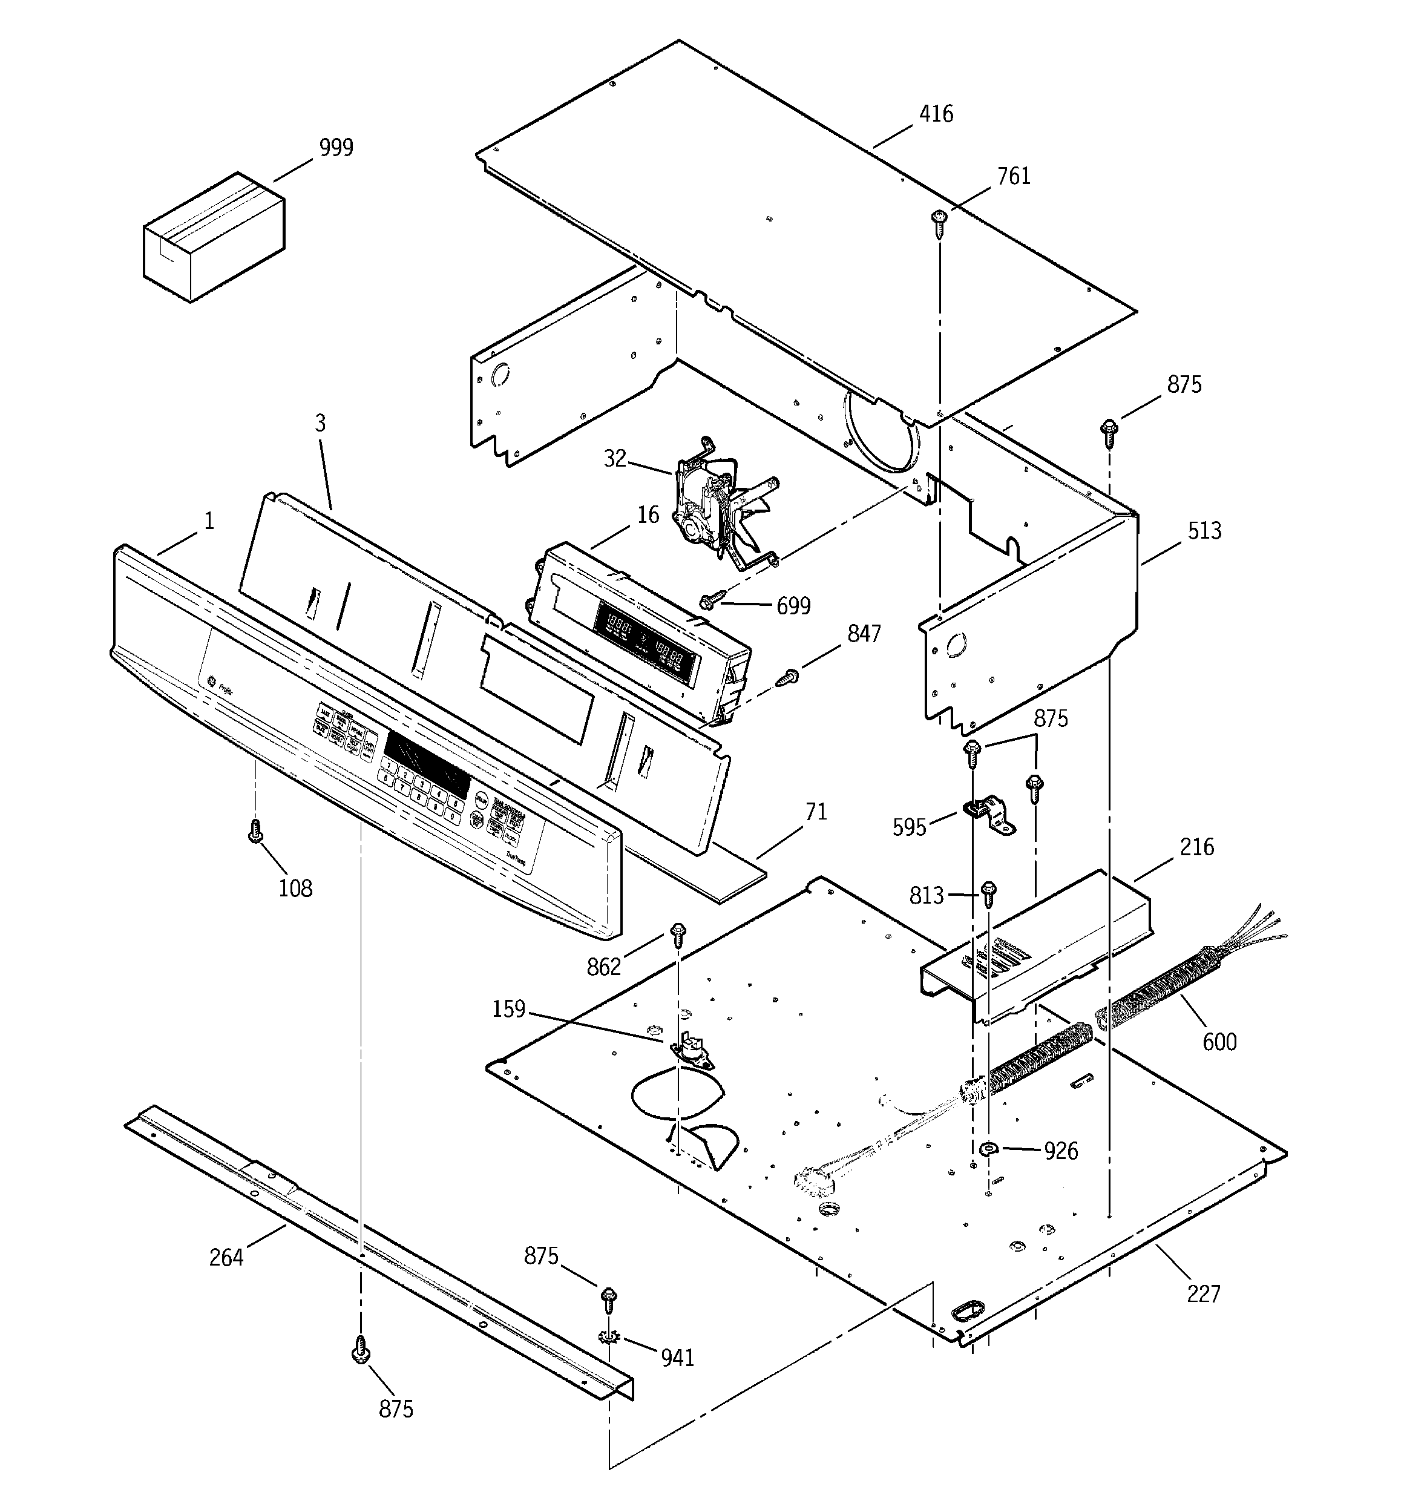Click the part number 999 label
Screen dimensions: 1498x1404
click(335, 148)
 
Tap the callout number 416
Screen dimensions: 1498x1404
click(936, 114)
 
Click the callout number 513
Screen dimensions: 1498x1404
click(1204, 531)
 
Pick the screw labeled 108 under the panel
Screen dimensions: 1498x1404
click(255, 831)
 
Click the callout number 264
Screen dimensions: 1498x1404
click(226, 1258)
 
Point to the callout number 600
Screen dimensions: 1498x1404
click(1219, 1043)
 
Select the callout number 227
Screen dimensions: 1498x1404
click(1203, 1294)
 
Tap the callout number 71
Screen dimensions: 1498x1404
click(815, 812)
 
